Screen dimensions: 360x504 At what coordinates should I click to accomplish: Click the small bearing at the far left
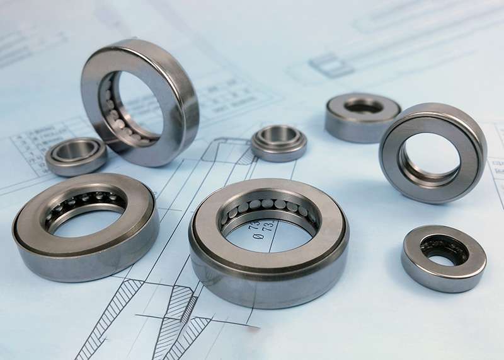click(76, 156)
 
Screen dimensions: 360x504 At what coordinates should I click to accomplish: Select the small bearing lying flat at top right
click(363, 117)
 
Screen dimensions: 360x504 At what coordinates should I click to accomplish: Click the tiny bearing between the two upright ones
click(278, 143)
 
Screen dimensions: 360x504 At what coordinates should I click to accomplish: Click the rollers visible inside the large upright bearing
click(113, 113)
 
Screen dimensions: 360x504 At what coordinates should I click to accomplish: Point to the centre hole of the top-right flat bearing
click(364, 107)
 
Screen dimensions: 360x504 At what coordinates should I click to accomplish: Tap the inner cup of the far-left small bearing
click(76, 151)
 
